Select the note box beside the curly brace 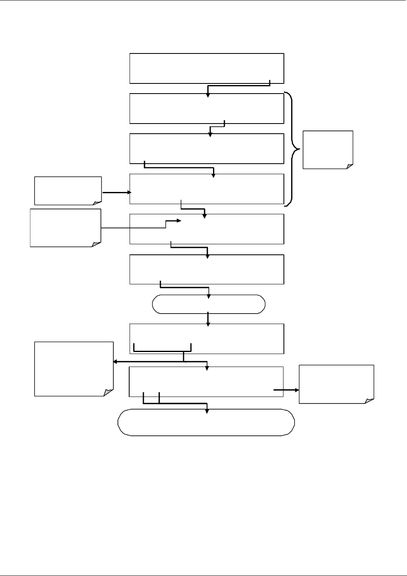coord(328,149)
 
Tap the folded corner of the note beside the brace coord(349,165)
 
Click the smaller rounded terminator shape coord(209,304)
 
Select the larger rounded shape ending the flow coord(206,422)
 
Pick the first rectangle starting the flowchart coord(207,68)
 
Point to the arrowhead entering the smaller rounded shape coord(209,297)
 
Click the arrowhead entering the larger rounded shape coord(207,411)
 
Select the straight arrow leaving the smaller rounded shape coord(208,318)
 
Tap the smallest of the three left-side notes coord(68,190)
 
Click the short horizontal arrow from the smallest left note coord(117,193)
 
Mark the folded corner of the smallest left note coord(97,202)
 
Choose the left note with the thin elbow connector coord(65,227)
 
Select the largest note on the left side coord(74,369)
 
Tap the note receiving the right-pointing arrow coord(336,384)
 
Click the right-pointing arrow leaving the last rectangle coord(286,390)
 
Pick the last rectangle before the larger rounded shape coord(206,382)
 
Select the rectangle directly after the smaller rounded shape coord(207,339)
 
